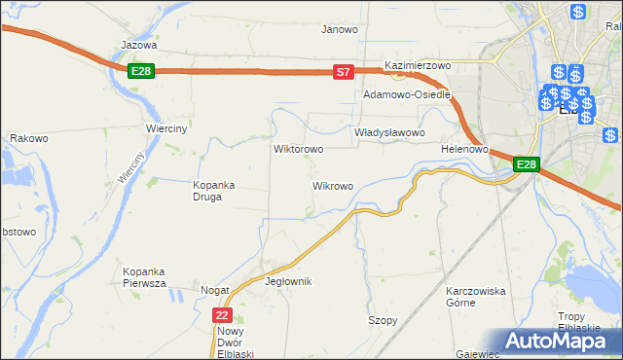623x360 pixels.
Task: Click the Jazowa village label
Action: (x=138, y=45)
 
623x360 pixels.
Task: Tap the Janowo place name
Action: (x=340, y=29)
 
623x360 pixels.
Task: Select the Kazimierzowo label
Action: (x=419, y=65)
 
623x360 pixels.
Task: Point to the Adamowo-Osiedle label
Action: (x=406, y=95)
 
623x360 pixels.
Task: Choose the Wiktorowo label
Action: (x=298, y=150)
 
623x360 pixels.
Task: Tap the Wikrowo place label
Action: (x=332, y=185)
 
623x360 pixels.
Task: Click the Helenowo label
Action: (x=463, y=149)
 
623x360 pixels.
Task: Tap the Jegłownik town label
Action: (x=288, y=281)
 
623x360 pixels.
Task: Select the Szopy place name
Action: (x=383, y=320)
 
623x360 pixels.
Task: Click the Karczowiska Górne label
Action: (x=476, y=297)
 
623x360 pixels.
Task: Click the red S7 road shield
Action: (x=343, y=72)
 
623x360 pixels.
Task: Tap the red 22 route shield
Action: (x=223, y=315)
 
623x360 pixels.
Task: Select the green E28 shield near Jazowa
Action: (x=141, y=71)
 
